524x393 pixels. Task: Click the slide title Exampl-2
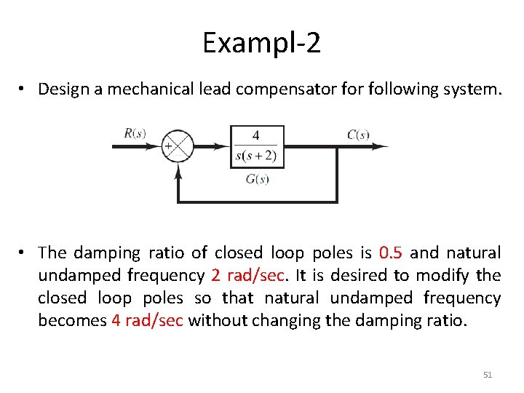[261, 44]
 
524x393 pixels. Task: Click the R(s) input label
[135, 133]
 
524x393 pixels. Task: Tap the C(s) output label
[357, 134]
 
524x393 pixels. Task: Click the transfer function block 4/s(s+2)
[257, 146]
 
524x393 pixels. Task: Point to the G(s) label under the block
[257, 179]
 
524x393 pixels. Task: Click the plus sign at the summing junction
[168, 146]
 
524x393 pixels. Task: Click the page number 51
[488, 375]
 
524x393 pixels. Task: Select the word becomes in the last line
[71, 321]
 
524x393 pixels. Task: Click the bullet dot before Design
[24, 89]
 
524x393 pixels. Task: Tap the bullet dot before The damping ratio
[24, 253]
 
